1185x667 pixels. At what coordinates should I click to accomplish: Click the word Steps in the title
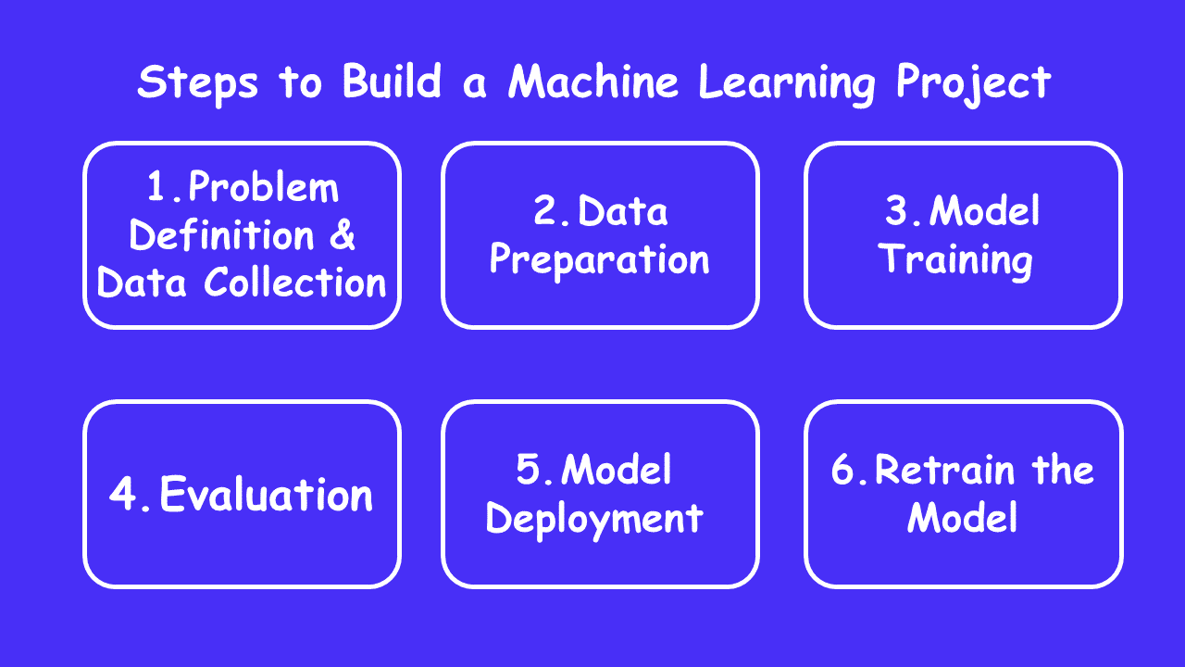coord(197,82)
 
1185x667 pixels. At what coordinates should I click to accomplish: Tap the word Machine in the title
coord(594,82)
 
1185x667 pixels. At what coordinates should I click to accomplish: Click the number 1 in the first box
coord(159,189)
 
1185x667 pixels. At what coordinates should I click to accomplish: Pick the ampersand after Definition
coord(342,235)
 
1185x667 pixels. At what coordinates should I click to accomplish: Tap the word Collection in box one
coord(295,283)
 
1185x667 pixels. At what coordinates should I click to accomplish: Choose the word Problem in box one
coord(264,189)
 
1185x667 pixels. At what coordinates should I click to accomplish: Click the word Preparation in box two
coord(599,260)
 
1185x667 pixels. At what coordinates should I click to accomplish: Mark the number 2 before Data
coord(547,212)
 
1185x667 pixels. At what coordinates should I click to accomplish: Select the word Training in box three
coord(955,260)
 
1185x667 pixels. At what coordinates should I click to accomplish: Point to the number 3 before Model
coord(898,212)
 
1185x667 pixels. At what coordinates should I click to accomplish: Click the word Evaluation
coord(267,496)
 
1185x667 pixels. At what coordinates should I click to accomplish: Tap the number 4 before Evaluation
coord(124,496)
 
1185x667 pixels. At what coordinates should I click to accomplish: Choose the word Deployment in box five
coord(594,519)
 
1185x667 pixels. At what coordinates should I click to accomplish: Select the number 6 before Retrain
coord(844,471)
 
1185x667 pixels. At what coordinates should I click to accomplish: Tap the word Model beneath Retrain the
coord(963,518)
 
